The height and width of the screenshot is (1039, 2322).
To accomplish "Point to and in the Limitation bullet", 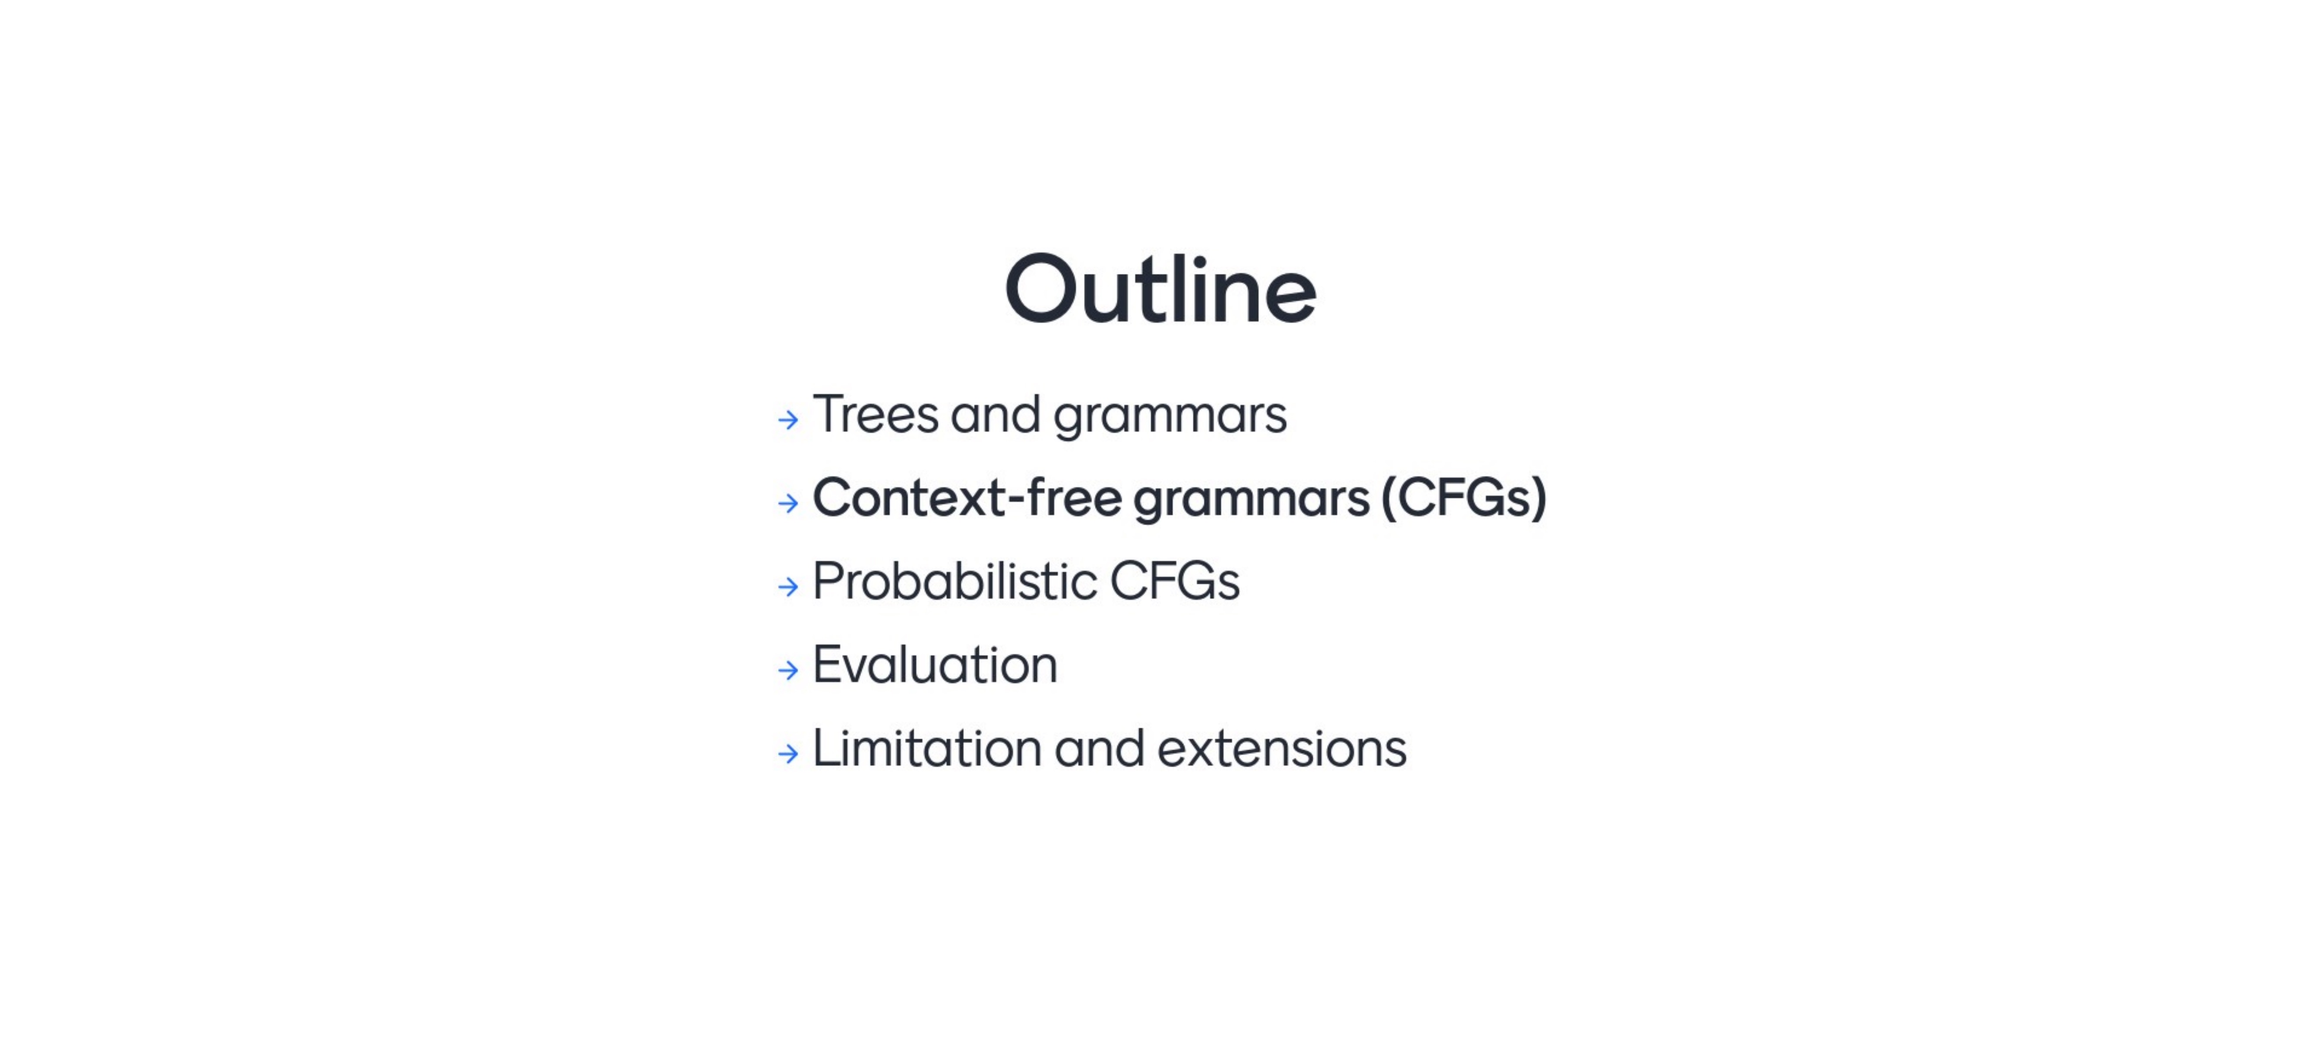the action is (x=1100, y=749).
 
